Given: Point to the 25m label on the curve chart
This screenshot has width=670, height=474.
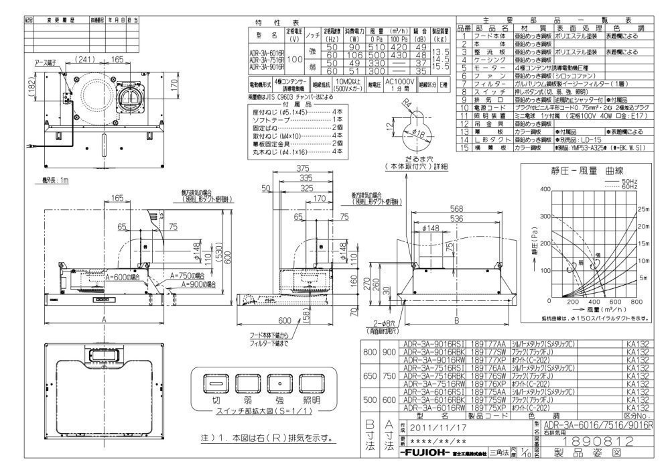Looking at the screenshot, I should pos(643,209).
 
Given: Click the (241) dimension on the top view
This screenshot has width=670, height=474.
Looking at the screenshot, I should pos(83,59).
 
